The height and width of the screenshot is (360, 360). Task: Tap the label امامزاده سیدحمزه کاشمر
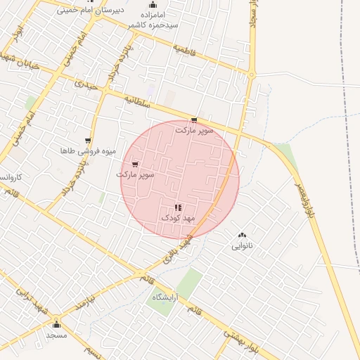tap(153, 19)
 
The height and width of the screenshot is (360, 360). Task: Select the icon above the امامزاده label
tap(153, 4)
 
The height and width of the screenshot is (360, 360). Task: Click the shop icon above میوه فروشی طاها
tap(88, 141)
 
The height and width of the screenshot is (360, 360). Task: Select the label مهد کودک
tap(177, 218)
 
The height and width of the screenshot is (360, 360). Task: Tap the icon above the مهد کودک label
tap(177, 207)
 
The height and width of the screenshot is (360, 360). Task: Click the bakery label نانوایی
tap(242, 246)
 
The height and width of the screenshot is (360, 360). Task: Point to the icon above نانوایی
tap(243, 236)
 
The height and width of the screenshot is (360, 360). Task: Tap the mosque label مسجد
tap(56, 335)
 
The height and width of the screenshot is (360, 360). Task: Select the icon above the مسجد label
tap(56, 325)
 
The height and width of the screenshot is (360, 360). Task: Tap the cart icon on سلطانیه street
tap(194, 120)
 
